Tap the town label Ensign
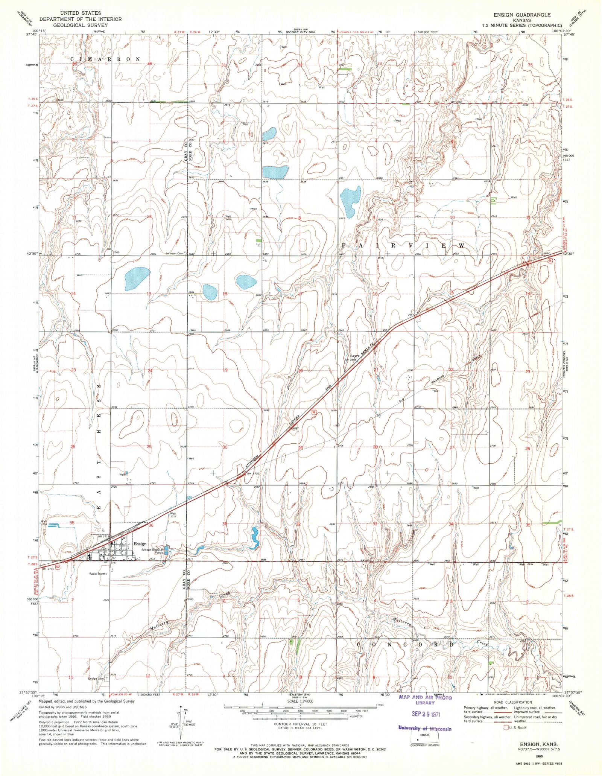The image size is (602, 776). click(140, 544)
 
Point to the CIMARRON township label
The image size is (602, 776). click(105, 59)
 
